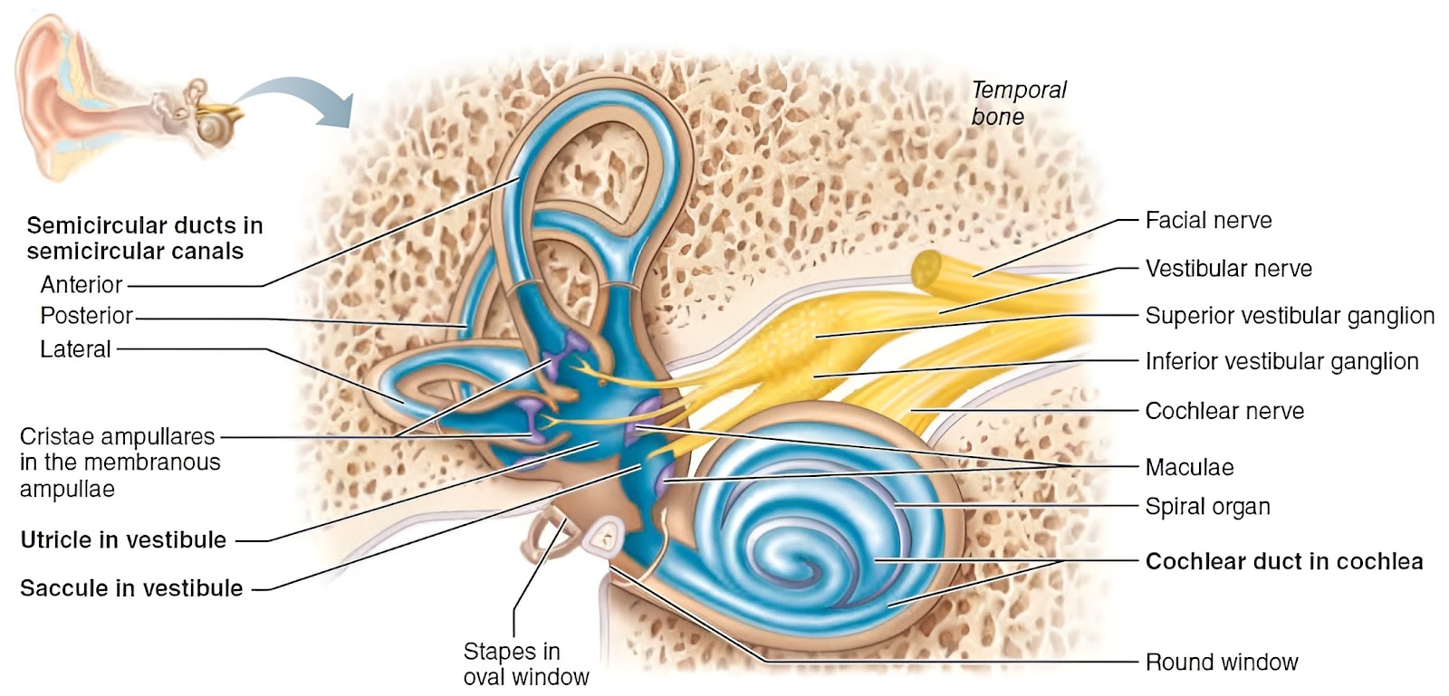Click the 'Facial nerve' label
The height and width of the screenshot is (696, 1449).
(x=1208, y=221)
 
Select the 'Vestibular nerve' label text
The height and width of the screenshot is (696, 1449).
(x=1228, y=269)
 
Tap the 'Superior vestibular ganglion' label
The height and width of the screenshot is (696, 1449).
(x=1290, y=316)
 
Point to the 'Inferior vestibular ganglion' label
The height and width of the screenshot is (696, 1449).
(x=1282, y=361)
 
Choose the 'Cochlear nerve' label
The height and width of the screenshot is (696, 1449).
(x=1224, y=411)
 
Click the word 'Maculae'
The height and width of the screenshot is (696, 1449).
(x=1190, y=467)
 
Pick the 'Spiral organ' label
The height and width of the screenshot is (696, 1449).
(x=1208, y=507)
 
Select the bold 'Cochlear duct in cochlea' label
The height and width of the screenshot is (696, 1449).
(x=1284, y=561)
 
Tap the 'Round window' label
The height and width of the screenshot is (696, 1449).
(x=1222, y=663)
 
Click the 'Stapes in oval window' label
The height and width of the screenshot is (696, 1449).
(x=526, y=664)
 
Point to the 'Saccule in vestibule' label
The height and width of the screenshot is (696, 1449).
(x=131, y=588)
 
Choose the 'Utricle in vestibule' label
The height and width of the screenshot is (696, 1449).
(x=123, y=540)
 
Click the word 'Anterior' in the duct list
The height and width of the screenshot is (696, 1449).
(x=82, y=285)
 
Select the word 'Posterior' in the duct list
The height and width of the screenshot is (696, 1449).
(x=87, y=316)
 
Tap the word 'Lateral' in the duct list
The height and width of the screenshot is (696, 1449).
(x=76, y=349)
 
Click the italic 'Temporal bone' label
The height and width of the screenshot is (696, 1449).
(x=1019, y=103)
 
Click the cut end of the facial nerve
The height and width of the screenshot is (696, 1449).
(x=926, y=269)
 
